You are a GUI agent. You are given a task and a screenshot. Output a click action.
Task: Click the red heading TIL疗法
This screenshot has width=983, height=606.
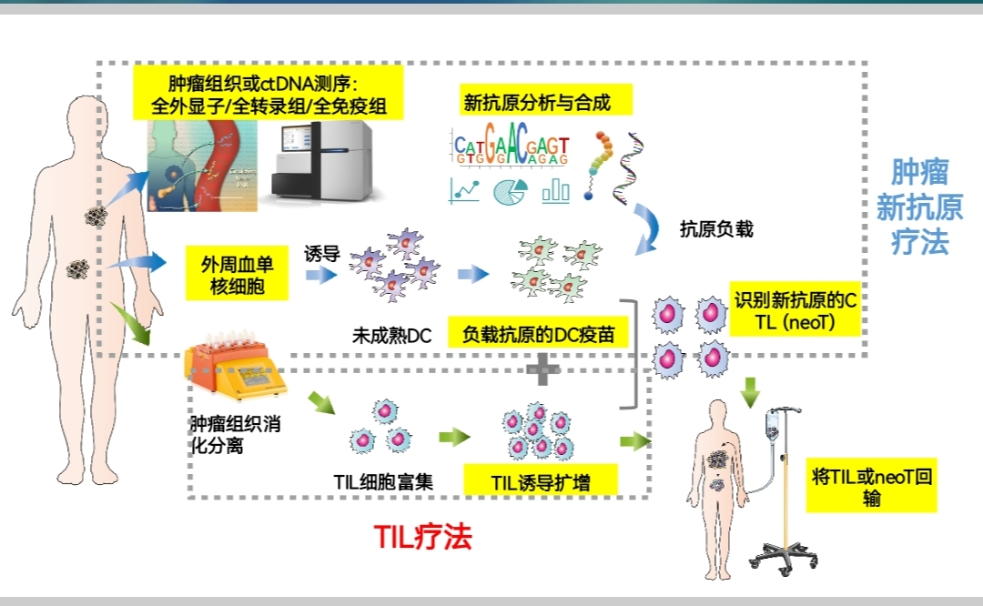coord(422,537)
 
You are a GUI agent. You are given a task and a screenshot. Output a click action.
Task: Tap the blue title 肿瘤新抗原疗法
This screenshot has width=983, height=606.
coord(918,207)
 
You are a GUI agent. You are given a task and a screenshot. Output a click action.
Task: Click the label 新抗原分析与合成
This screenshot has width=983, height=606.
coord(536,103)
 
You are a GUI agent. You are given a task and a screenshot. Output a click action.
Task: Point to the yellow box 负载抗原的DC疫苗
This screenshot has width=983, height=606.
coord(539,334)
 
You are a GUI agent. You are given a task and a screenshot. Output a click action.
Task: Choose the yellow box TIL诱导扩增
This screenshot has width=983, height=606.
coord(540,481)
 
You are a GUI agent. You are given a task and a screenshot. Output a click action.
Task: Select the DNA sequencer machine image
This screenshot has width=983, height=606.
coord(324,164)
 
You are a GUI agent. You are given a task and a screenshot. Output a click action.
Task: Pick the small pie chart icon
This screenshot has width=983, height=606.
coord(511,191)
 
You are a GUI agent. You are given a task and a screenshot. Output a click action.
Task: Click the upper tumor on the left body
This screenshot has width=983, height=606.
coord(96,215)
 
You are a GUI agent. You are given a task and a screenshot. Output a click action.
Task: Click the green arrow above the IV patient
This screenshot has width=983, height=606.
coord(750,391)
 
